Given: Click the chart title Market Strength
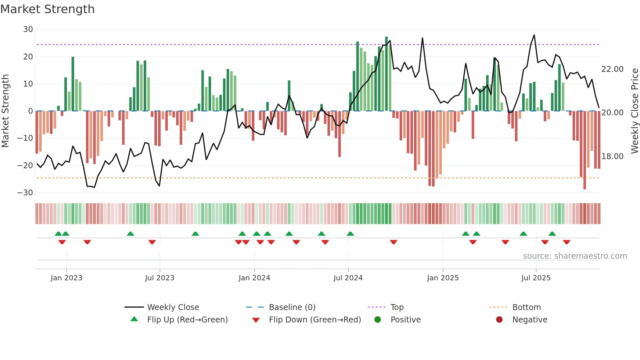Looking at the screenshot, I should [x=47, y=9].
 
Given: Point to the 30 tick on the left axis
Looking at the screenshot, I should [x=28, y=29].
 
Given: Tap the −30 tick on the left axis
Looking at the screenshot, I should [x=25, y=193].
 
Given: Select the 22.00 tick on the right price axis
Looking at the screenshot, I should [x=612, y=69].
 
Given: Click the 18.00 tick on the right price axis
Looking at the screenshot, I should [x=612, y=156].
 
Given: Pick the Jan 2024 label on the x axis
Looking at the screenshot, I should [x=254, y=278].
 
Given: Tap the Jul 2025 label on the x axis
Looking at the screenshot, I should [x=536, y=278].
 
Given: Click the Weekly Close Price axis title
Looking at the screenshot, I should [x=634, y=111].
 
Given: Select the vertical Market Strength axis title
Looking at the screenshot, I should [x=5, y=111].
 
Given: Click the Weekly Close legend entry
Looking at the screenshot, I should [x=173, y=307].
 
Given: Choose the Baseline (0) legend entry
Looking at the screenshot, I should [x=292, y=307].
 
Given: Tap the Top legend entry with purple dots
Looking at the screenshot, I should [x=397, y=307].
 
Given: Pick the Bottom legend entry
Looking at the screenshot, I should [x=526, y=307].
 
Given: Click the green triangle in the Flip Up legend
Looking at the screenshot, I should [x=134, y=319].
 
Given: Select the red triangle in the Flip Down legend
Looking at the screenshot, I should [x=256, y=320].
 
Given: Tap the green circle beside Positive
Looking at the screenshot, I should [x=377, y=319].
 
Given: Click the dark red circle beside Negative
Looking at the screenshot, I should [x=499, y=319].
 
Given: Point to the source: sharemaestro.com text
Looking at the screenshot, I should [x=575, y=256].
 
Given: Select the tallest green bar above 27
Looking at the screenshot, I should [x=386, y=74].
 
